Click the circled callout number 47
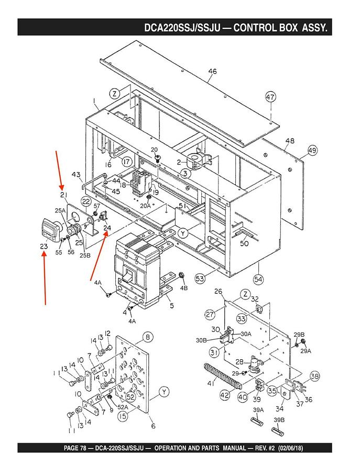tap(270, 97)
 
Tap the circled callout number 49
tap(312, 150)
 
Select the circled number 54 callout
tap(258, 280)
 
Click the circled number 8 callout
tap(148, 337)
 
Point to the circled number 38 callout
tap(315, 376)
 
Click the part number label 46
tap(212, 72)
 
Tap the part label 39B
tap(279, 420)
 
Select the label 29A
tap(306, 351)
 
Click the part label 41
tap(211, 383)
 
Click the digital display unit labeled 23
tap(50, 230)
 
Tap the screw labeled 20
tap(157, 158)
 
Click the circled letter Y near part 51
tap(182, 233)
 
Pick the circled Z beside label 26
tap(245, 295)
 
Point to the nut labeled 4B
tap(181, 275)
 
